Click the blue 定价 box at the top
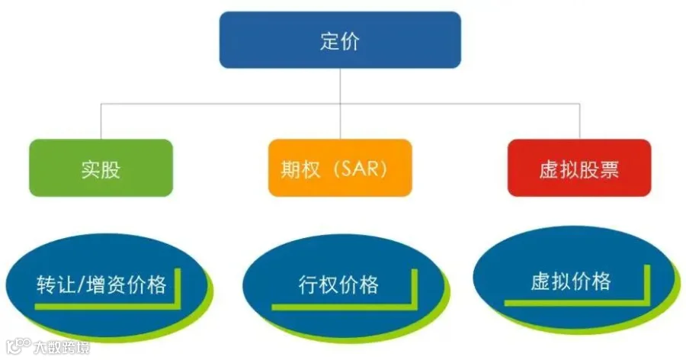click(340, 40)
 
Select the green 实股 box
click(101, 168)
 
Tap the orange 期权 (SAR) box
click(340, 168)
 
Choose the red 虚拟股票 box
click(579, 168)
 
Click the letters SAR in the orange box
click(358, 169)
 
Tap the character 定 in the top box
click(329, 41)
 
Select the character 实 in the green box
click(91, 169)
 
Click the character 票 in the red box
click(609, 169)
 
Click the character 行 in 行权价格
click(309, 284)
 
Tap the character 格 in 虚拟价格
click(601, 281)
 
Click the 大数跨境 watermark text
click(62, 347)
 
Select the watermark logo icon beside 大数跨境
click(19, 346)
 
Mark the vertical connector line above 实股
click(101, 121)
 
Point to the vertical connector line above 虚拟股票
click(580, 121)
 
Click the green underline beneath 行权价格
click(341, 307)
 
